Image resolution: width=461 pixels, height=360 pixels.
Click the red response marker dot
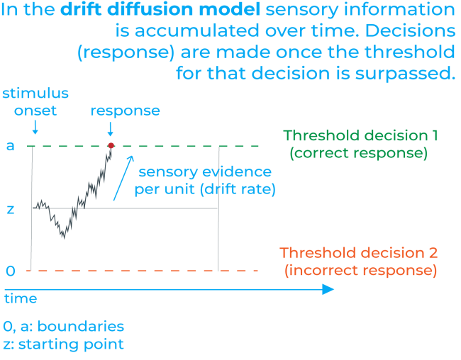[111, 146]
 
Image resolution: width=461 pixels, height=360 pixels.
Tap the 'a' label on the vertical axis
[9, 147]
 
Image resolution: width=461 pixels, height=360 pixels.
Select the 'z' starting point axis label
[10, 209]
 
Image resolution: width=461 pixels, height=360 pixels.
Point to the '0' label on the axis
[10, 271]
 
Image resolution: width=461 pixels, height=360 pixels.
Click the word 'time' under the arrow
[21, 299]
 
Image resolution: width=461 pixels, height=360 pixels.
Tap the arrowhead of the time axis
[328, 289]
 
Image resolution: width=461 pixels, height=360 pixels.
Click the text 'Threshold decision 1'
[360, 135]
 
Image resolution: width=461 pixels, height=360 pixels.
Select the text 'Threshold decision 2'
[358, 253]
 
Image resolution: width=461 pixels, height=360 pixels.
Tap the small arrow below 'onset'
[34, 128]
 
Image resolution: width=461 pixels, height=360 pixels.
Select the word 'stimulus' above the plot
[35, 94]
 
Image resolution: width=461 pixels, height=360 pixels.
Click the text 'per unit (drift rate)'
[204, 189]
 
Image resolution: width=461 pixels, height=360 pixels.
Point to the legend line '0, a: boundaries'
[64, 327]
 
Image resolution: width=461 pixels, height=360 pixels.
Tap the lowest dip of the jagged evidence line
[63, 237]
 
